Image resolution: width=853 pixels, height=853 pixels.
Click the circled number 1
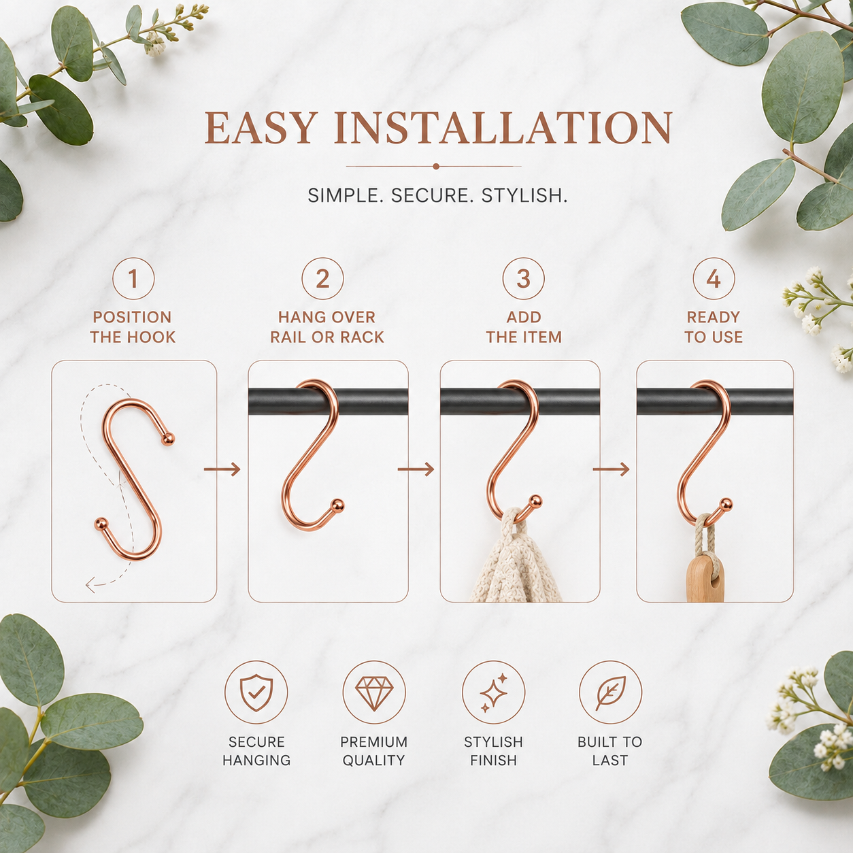(x=133, y=279)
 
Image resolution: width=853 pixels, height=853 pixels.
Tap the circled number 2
(x=322, y=279)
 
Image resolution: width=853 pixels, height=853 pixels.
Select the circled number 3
(x=523, y=279)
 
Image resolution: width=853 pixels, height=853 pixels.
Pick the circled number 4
(x=714, y=279)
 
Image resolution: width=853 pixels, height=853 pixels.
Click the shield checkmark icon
(x=256, y=692)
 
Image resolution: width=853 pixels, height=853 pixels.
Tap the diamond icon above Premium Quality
(x=374, y=692)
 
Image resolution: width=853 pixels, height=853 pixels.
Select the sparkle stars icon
(x=494, y=693)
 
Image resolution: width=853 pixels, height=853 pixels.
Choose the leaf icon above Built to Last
(x=610, y=692)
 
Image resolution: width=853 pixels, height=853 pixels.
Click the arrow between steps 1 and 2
(x=222, y=469)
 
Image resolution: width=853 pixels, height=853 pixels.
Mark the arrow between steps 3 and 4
(x=611, y=469)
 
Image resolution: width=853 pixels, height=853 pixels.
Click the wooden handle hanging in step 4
(x=705, y=579)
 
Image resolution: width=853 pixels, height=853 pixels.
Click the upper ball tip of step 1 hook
(x=169, y=439)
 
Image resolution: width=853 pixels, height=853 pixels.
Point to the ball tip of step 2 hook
(x=337, y=505)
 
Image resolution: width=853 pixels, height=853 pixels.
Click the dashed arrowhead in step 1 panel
(x=90, y=585)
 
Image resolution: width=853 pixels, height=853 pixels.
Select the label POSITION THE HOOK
(x=133, y=327)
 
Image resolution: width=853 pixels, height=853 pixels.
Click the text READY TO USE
(x=714, y=327)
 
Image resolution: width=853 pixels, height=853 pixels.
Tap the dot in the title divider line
(x=436, y=167)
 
